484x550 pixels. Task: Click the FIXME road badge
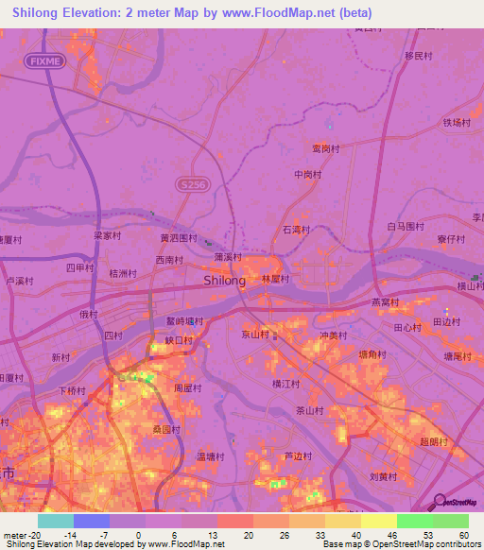(x=45, y=60)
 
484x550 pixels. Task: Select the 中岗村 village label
(x=308, y=175)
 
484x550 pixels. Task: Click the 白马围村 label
(x=404, y=227)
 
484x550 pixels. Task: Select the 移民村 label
(x=418, y=56)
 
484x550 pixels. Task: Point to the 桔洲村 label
(x=124, y=273)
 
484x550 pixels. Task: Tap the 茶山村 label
(x=309, y=411)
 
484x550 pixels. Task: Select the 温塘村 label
(x=210, y=456)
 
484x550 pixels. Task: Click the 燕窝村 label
(x=385, y=302)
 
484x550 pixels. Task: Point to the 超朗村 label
(x=432, y=441)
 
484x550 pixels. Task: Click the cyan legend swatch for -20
(x=55, y=521)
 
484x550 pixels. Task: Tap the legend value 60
(x=464, y=534)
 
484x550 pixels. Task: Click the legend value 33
(x=320, y=534)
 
